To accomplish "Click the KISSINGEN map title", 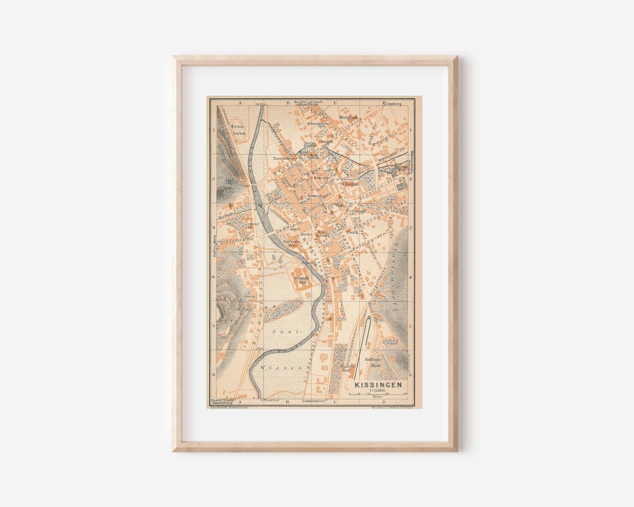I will click(x=379, y=385).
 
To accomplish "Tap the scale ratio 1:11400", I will click(x=378, y=391).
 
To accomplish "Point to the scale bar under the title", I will click(x=378, y=395).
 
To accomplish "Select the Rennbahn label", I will click(x=238, y=130).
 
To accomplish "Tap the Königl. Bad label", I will click(x=301, y=279).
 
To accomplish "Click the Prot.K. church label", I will click(x=352, y=232).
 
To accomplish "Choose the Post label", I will click(x=339, y=207).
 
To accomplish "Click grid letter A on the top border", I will click(x=240, y=103).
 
